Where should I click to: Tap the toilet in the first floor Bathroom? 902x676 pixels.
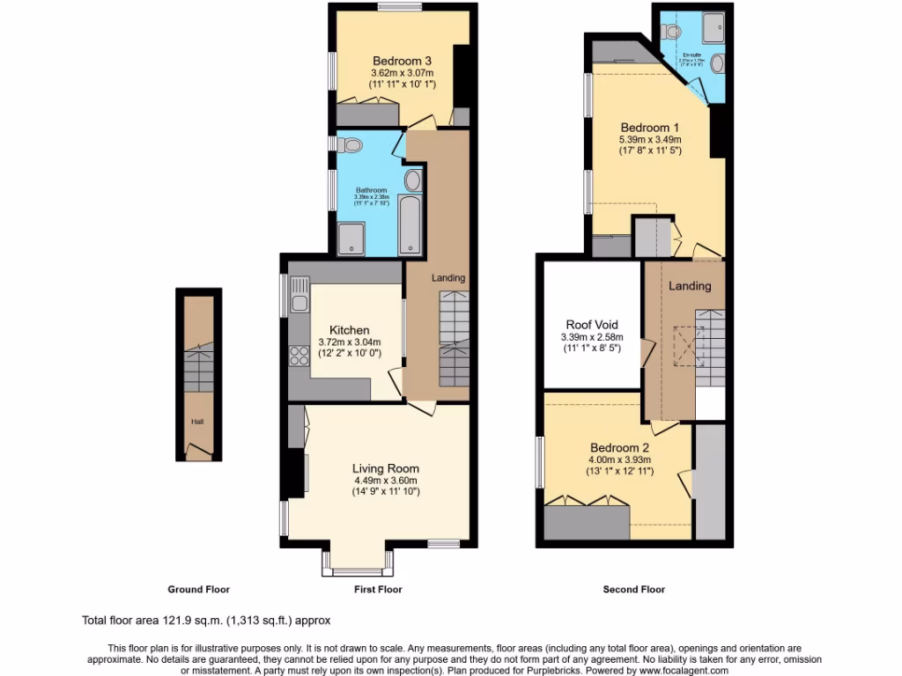click(351, 144)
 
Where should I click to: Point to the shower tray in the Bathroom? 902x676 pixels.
click(356, 239)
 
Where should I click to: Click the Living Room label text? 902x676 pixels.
click(386, 468)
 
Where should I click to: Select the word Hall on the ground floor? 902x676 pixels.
click(197, 422)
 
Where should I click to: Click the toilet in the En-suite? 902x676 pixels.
click(674, 32)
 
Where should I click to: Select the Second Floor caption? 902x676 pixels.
click(633, 590)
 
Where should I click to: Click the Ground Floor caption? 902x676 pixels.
click(198, 590)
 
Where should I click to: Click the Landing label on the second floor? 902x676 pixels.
click(690, 286)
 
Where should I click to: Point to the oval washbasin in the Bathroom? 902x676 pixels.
click(412, 181)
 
